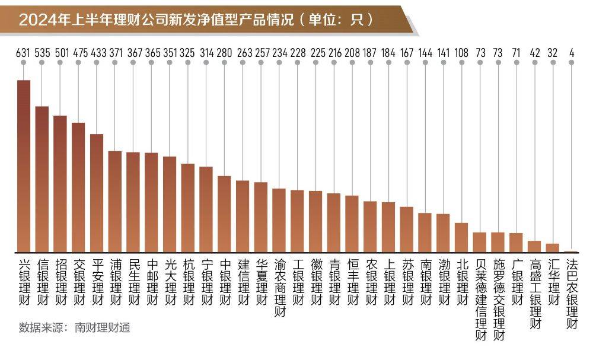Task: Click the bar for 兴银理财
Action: [x=24, y=166]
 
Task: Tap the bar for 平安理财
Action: [x=97, y=193]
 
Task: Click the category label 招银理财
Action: [x=60, y=282]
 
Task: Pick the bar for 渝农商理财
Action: [x=279, y=221]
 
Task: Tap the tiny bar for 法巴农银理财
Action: [x=571, y=251]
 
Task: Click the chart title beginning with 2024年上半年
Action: [x=196, y=20]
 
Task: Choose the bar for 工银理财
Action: [x=297, y=221]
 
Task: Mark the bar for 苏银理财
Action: [x=407, y=230]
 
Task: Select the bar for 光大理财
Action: [x=170, y=205]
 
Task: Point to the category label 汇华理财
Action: [x=553, y=282]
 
